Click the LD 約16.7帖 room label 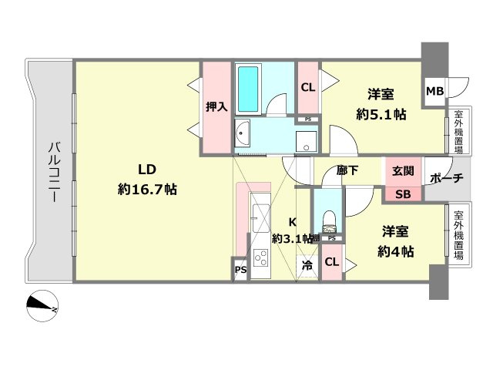pyautogui.click(x=147, y=179)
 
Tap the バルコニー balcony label pyautogui.click(x=55, y=172)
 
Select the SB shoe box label pyautogui.click(x=403, y=194)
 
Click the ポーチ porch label pyautogui.click(x=446, y=179)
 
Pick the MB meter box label pyautogui.click(x=435, y=92)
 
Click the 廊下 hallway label pyautogui.click(x=347, y=172)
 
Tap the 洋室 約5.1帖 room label pyautogui.click(x=381, y=105)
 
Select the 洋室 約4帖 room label pyautogui.click(x=395, y=240)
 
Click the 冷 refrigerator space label pyautogui.click(x=307, y=266)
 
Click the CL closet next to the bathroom pyautogui.click(x=307, y=87)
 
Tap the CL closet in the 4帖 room pyautogui.click(x=331, y=262)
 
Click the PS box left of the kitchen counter pyautogui.click(x=240, y=270)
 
